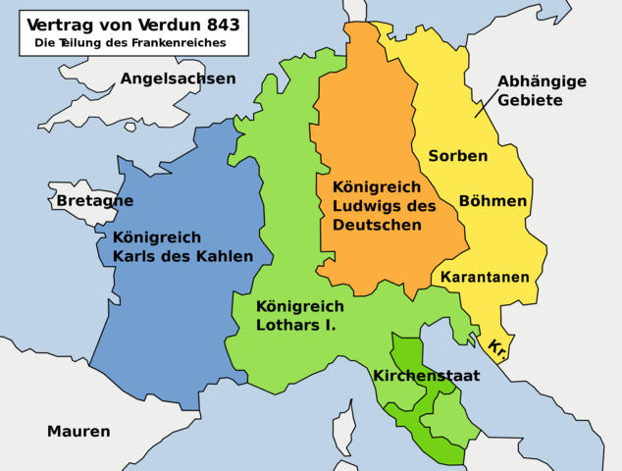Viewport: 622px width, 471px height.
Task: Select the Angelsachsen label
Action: (179, 78)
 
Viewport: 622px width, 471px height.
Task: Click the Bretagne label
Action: (94, 201)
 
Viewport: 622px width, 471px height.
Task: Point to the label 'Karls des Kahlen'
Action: (182, 257)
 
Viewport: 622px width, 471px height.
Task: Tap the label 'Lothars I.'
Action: (295, 323)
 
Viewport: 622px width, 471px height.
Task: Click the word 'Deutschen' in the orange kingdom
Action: (377, 225)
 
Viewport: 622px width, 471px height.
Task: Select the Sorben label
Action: (457, 156)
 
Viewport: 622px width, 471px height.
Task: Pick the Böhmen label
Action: (492, 201)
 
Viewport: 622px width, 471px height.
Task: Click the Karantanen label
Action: (485, 278)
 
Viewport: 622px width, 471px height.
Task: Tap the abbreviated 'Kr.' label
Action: (496, 346)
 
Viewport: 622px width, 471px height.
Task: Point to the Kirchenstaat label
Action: (426, 375)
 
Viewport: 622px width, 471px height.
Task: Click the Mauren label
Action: (78, 431)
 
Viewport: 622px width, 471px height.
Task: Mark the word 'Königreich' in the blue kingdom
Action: (157, 237)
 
